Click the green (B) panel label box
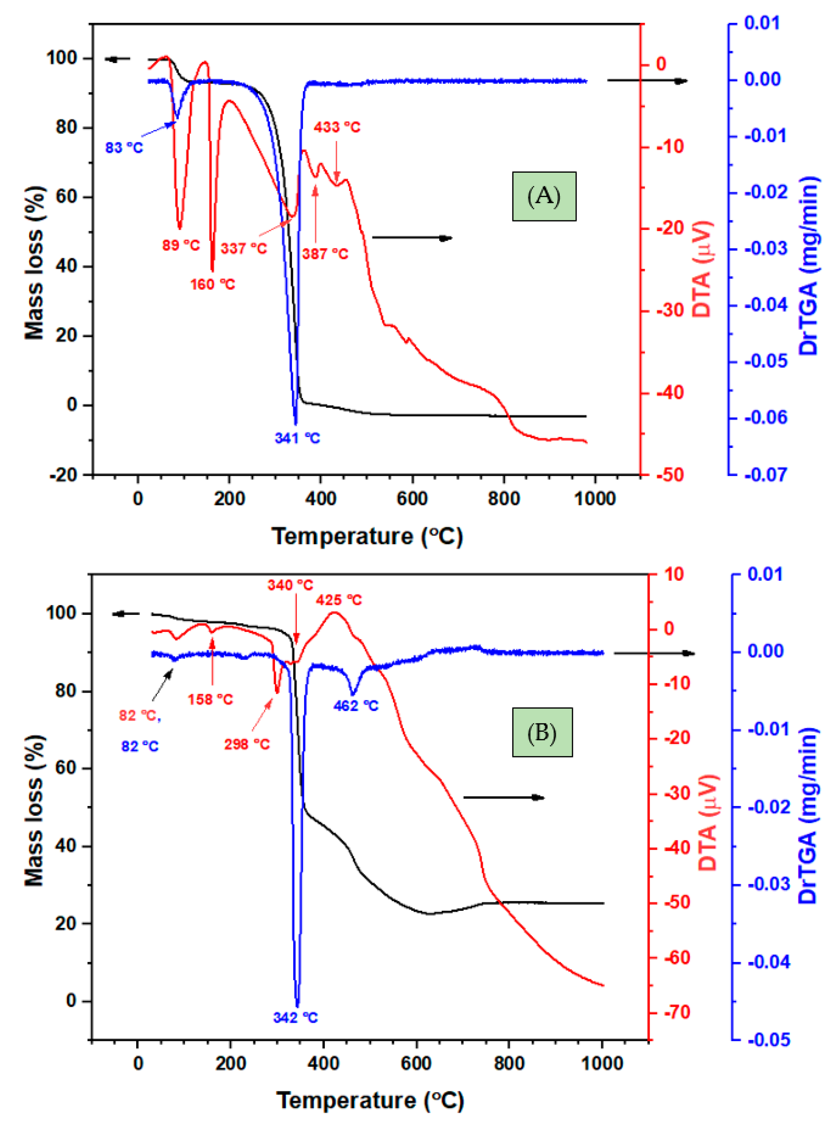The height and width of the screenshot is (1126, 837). click(x=542, y=732)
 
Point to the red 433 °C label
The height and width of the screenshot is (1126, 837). click(x=336, y=127)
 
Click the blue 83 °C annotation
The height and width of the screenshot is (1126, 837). click(x=124, y=148)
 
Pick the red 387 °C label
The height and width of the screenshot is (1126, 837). click(x=325, y=253)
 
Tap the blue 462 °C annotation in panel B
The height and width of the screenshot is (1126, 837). click(x=356, y=706)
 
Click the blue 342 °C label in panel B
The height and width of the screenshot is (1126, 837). click(x=295, y=1018)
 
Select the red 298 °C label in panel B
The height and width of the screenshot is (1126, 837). click(x=247, y=744)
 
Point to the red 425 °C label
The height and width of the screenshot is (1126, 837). click(x=339, y=600)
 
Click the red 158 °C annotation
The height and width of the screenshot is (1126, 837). click(x=210, y=700)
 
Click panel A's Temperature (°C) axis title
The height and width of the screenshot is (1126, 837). click(x=367, y=536)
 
